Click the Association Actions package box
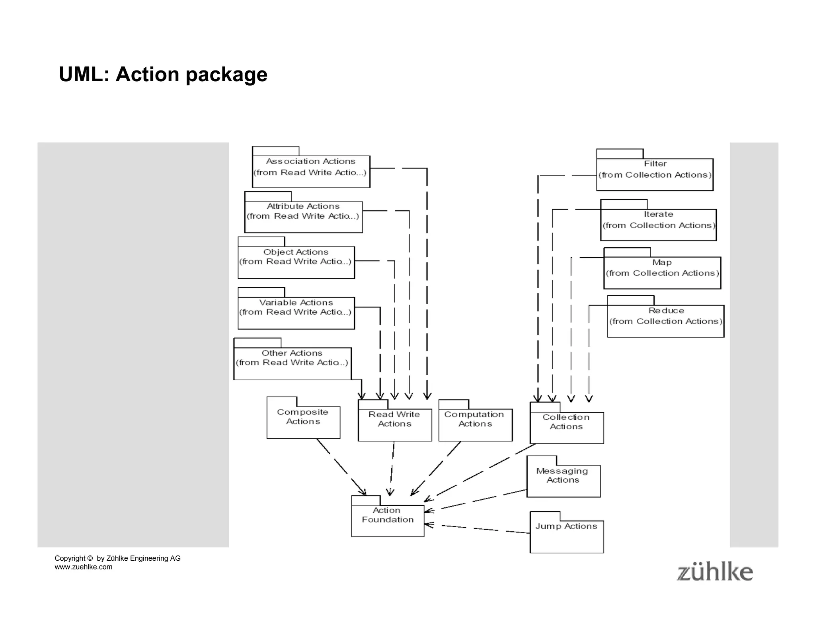(311, 171)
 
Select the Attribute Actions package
(303, 217)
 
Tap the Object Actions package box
(296, 262)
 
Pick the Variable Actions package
(296, 313)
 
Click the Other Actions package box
(292, 363)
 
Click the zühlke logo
(715, 572)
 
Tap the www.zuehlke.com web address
(84, 567)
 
